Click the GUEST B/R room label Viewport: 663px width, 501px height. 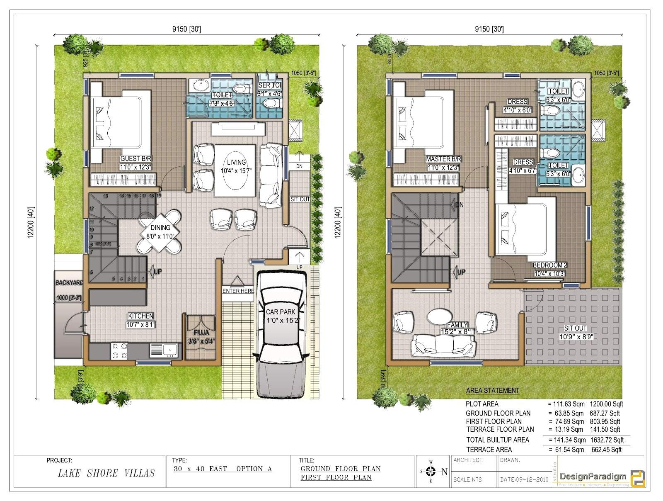tap(136, 159)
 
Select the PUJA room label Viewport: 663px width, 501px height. tap(201, 333)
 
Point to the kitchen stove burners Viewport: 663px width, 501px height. tap(119, 350)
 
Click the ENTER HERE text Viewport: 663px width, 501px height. tap(238, 291)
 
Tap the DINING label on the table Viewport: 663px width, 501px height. tap(160, 228)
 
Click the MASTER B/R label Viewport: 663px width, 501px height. tap(443, 159)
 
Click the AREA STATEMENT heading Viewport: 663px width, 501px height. tap(492, 391)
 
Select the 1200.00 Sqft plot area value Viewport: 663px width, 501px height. tap(606, 404)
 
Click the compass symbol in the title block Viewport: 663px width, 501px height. tap(431, 472)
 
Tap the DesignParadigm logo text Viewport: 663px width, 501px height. tap(593, 477)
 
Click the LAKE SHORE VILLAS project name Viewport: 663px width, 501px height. tap(106, 473)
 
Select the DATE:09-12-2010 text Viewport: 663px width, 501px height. tap(524, 479)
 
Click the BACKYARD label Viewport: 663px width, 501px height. tap(69, 283)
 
